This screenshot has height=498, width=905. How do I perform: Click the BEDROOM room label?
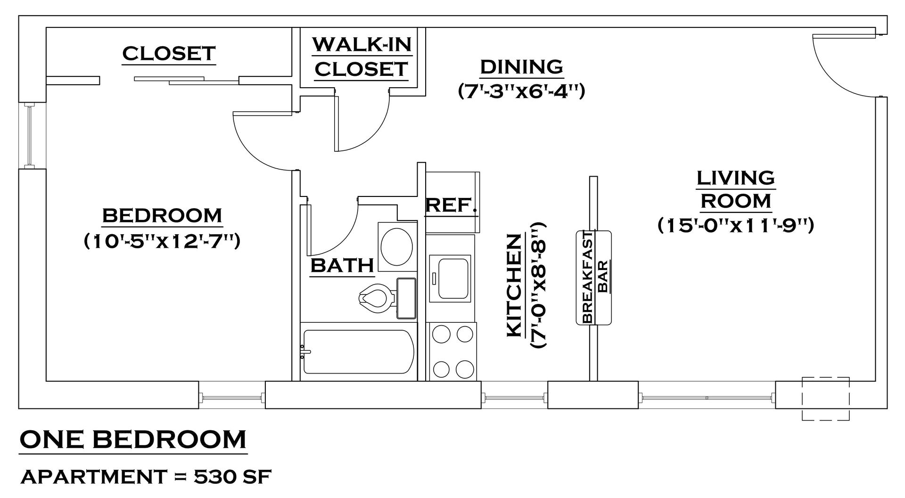click(x=162, y=216)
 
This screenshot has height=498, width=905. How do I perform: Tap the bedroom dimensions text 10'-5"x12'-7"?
click(x=162, y=242)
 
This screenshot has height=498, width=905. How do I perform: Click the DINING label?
click(x=521, y=66)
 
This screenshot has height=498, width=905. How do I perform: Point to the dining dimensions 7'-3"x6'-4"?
click(x=521, y=90)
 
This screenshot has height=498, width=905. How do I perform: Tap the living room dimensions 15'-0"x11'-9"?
click(x=736, y=225)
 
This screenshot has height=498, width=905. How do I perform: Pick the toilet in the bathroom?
click(x=377, y=298)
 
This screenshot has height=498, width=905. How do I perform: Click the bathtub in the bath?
click(x=358, y=351)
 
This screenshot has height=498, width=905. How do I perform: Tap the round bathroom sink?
click(x=396, y=247)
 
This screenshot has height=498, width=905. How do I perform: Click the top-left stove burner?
click(x=442, y=334)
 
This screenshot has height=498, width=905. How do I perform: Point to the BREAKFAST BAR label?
click(x=594, y=278)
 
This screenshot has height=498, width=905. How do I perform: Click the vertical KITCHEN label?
click(x=514, y=286)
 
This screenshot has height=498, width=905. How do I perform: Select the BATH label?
click(x=342, y=265)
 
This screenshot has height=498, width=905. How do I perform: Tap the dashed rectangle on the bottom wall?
click(x=825, y=398)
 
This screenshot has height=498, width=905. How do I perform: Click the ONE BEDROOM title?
click(x=133, y=439)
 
